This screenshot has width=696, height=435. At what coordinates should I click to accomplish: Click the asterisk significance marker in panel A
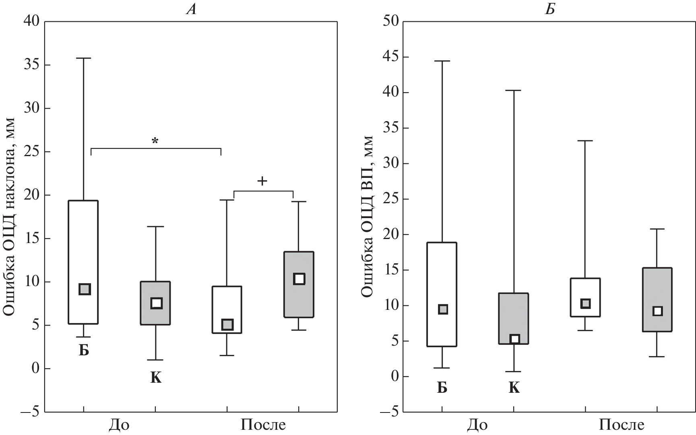tap(155, 141)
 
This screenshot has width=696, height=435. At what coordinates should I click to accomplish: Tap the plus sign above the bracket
tap(262, 181)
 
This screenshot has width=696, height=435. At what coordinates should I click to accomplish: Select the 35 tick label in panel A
tap(32, 65)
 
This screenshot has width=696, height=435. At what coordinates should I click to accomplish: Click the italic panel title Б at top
tap(550, 9)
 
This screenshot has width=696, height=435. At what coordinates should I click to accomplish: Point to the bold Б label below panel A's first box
tap(84, 350)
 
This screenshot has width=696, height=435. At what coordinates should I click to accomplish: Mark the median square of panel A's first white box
tap(84, 289)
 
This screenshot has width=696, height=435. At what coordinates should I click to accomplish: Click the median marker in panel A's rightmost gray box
tap(299, 279)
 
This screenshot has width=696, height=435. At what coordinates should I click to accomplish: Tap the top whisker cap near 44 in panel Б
tap(442, 61)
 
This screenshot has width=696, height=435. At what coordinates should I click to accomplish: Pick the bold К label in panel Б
tap(514, 388)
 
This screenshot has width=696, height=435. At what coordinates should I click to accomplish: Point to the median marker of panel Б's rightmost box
tap(657, 311)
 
